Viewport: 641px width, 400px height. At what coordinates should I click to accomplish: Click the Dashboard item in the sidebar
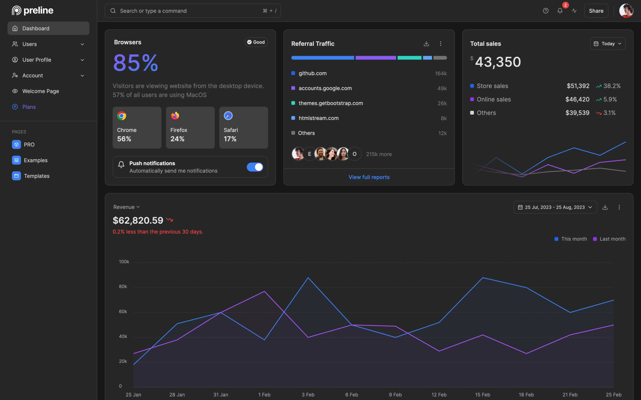48,28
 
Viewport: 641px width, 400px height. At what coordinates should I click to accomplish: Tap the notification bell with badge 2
560,11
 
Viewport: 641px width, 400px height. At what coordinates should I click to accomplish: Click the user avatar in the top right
626,11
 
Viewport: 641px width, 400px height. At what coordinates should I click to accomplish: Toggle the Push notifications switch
255,167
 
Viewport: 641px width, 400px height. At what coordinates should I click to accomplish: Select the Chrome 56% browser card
137,127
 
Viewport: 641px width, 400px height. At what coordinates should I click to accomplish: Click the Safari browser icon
228,116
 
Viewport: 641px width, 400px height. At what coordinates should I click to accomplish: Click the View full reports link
369,177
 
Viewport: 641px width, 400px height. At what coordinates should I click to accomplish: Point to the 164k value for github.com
441,73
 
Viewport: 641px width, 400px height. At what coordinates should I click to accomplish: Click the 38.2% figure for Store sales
612,86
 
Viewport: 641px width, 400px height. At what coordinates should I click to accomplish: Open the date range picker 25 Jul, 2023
555,207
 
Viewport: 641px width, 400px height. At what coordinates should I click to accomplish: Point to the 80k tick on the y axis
123,286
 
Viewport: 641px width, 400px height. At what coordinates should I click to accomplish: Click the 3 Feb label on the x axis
308,394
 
